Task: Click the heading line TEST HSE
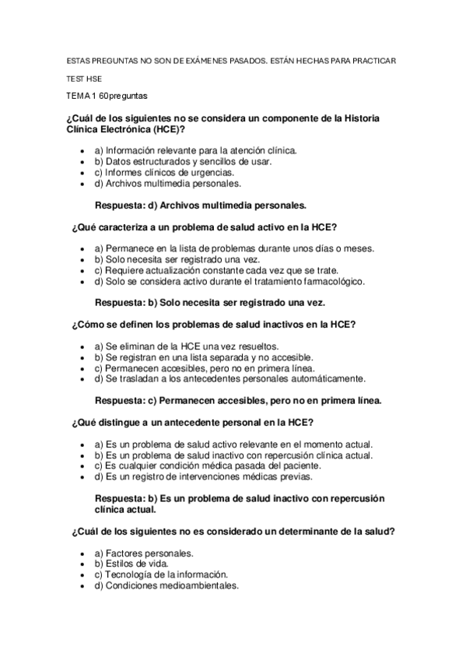(x=84, y=79)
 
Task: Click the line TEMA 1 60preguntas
(x=107, y=97)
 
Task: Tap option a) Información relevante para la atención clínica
(x=194, y=150)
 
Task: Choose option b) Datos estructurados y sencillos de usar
(x=183, y=162)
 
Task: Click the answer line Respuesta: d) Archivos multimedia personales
(x=200, y=205)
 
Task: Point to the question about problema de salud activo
(x=204, y=227)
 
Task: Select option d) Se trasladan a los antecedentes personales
(x=229, y=378)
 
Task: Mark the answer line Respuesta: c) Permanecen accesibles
(x=237, y=400)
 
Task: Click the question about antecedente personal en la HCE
(x=192, y=422)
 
